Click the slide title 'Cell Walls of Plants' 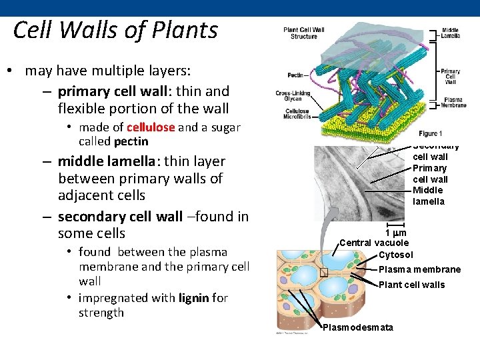(x=115, y=31)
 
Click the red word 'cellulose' (x=151, y=127)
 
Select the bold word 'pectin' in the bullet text (x=131, y=141)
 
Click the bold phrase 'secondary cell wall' (x=120, y=217)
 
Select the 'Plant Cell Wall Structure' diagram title (x=304, y=33)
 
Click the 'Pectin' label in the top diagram (x=296, y=75)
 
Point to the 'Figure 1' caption (x=431, y=134)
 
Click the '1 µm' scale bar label (x=396, y=233)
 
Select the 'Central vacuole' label (x=374, y=243)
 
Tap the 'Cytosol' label (x=395, y=255)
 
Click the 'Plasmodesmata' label (x=358, y=327)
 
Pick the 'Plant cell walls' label (x=411, y=285)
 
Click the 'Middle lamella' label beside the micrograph (x=429, y=196)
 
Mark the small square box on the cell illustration (x=324, y=273)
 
